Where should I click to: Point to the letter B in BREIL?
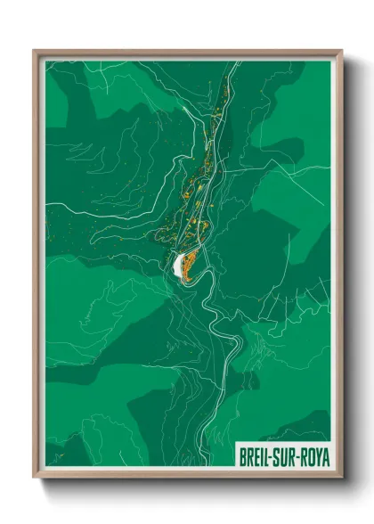[243, 457]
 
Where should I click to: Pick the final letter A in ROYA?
[327, 457]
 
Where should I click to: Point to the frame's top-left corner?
[34, 51]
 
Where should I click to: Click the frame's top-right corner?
[341, 51]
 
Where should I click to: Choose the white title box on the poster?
[284, 457]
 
